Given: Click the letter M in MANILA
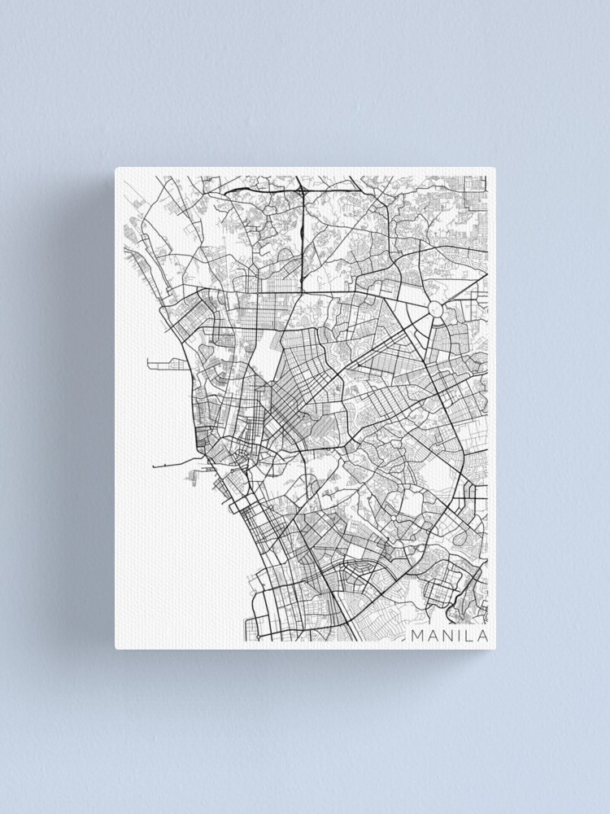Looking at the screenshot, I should (417, 635).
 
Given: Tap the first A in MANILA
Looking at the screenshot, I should (433, 635).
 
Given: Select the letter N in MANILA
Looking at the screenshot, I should (447, 635).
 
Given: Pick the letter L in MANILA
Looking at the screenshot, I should (468, 635).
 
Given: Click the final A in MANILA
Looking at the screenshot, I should (481, 635).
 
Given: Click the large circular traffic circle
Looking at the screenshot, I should (435, 309).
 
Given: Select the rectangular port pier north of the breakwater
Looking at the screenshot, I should (163, 363).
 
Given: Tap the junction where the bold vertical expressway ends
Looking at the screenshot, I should (303, 290).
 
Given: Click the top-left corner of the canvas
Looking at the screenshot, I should (115, 168).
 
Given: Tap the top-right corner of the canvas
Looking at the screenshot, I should (495, 168).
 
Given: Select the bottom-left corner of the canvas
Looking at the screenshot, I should (115, 648).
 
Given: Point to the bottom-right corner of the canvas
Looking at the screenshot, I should (495, 648).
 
